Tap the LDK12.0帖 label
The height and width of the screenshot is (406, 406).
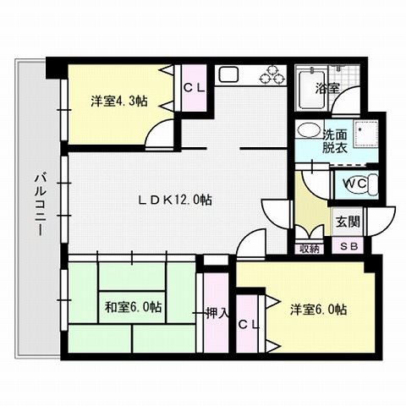(175, 200)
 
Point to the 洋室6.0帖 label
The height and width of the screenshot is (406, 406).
(319, 310)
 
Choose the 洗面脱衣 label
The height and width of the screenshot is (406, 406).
(334, 140)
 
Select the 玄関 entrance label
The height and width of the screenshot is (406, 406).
(348, 222)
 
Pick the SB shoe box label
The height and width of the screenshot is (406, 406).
(348, 247)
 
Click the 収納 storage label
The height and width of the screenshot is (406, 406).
(310, 248)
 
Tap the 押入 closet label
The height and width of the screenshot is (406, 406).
(217, 312)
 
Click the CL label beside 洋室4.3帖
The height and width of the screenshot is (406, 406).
(192, 86)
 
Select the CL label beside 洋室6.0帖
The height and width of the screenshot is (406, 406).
(249, 324)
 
